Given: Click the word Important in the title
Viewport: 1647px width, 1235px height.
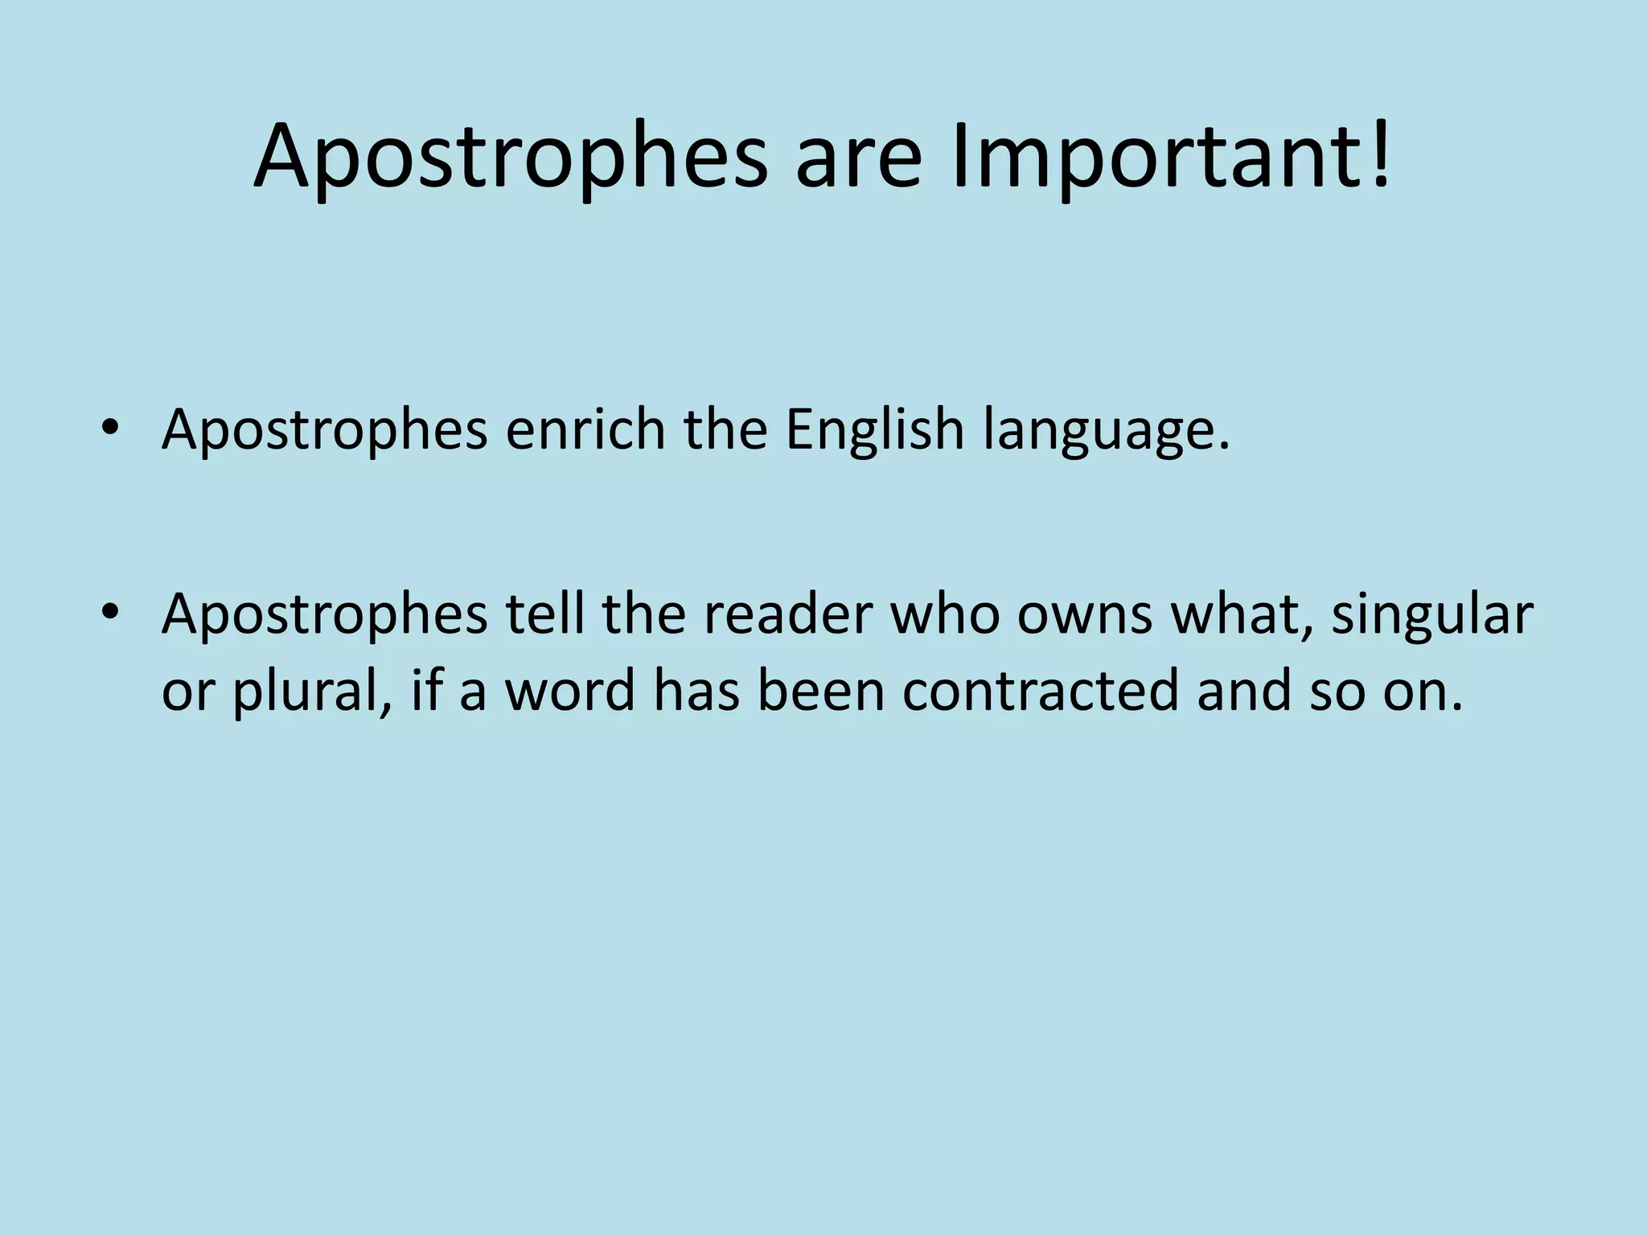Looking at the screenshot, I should coord(1150,157).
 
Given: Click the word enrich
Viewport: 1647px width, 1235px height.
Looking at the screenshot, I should coord(585,430).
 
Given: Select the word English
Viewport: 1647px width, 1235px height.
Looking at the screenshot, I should coord(874,430).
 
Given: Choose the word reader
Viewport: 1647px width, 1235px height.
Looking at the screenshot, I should coord(783,615).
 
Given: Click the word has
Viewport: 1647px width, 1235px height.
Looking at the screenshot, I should coord(696,691).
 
